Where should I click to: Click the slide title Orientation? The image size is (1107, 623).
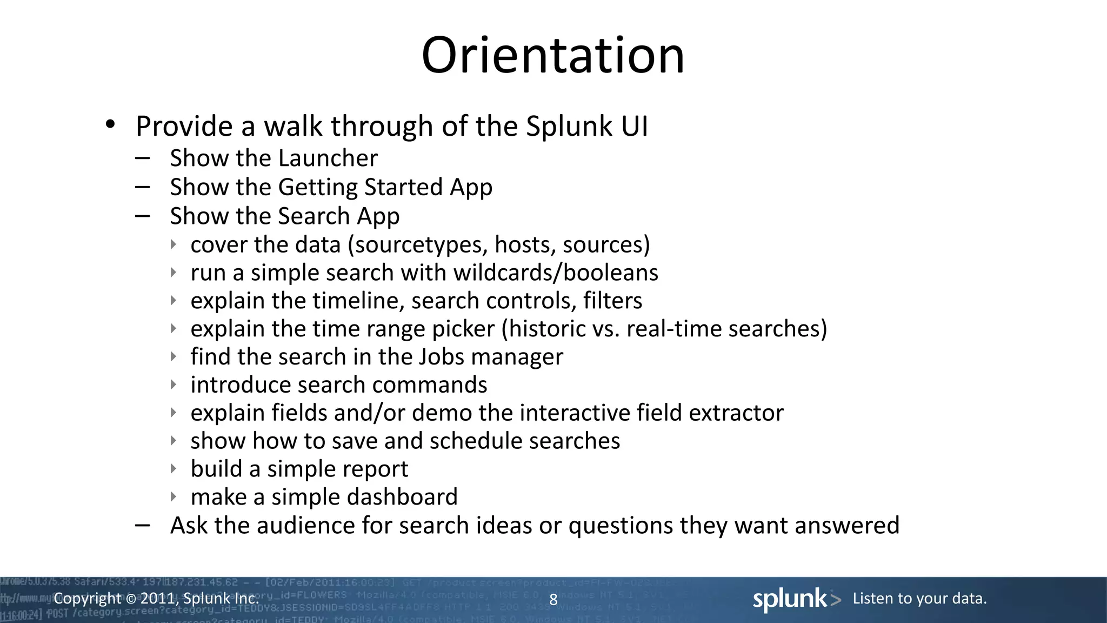click(x=552, y=55)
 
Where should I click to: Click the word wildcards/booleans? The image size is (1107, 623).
click(x=556, y=273)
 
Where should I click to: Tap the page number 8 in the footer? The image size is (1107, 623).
click(x=553, y=599)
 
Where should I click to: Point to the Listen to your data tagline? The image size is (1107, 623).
click(x=919, y=599)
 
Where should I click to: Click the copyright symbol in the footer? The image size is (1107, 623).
click(x=131, y=599)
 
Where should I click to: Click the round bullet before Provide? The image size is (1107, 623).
click(x=110, y=125)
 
